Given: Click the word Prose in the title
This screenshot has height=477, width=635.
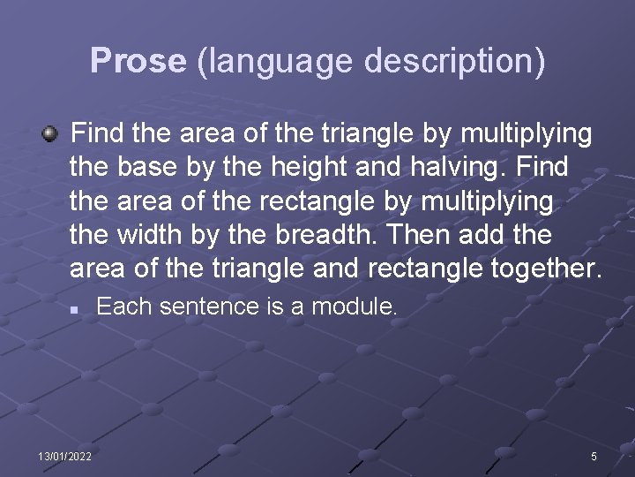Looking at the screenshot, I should pos(138,61).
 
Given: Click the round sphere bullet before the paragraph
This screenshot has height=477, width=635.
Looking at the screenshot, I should pos(51,134).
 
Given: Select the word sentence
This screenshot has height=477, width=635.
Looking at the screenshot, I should pos(199,307).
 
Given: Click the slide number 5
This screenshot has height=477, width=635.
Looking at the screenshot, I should pos(594,456).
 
